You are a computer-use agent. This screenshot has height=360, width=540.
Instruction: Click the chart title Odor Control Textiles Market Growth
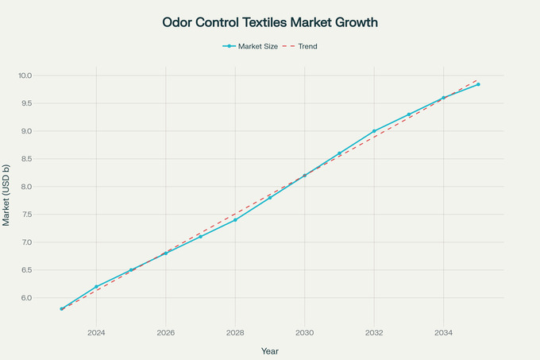pyautogui.click(x=270, y=22)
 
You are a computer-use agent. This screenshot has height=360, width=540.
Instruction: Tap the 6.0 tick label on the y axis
pyautogui.click(x=26, y=298)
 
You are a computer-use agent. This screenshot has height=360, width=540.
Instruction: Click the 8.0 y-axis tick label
pyautogui.click(x=26, y=187)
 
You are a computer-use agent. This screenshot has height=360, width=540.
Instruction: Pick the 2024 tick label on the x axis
pyautogui.click(x=96, y=332)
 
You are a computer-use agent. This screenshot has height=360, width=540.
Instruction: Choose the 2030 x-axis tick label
pyautogui.click(x=304, y=332)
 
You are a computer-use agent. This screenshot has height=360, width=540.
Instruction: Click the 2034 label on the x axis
pyautogui.click(x=443, y=332)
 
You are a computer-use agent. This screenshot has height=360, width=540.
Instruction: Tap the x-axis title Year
pyautogui.click(x=270, y=350)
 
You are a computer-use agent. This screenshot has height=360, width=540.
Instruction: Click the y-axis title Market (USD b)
pyautogui.click(x=7, y=195)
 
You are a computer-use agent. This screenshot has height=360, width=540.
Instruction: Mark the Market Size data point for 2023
pyautogui.click(x=61, y=308)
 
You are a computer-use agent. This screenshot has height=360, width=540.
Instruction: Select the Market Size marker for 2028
pyautogui.click(x=235, y=219)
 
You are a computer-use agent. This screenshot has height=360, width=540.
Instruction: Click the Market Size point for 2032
pyautogui.click(x=374, y=131)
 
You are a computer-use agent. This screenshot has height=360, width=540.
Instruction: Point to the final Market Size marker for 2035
pyautogui.click(x=478, y=84)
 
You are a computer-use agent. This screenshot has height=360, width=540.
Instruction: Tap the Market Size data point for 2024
pyautogui.click(x=96, y=287)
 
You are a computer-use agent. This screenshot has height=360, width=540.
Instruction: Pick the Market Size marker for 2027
pyautogui.click(x=200, y=237)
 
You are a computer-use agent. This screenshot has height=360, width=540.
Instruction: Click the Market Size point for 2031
pyautogui.click(x=339, y=153)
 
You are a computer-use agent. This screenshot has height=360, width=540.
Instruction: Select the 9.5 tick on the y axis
pyautogui.click(x=26, y=103)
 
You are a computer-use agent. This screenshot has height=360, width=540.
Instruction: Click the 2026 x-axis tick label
pyautogui.click(x=165, y=332)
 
